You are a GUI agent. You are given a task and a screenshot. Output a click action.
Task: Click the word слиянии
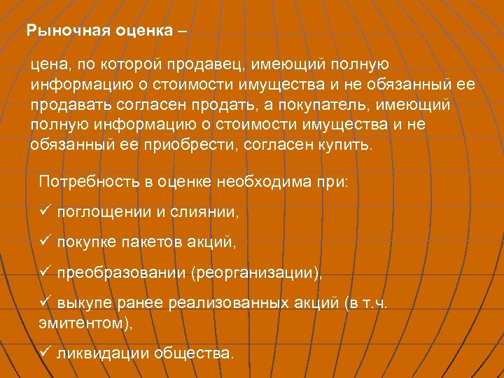(x=208, y=212)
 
